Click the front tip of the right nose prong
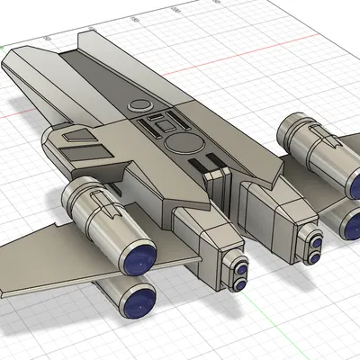coord(87,32)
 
